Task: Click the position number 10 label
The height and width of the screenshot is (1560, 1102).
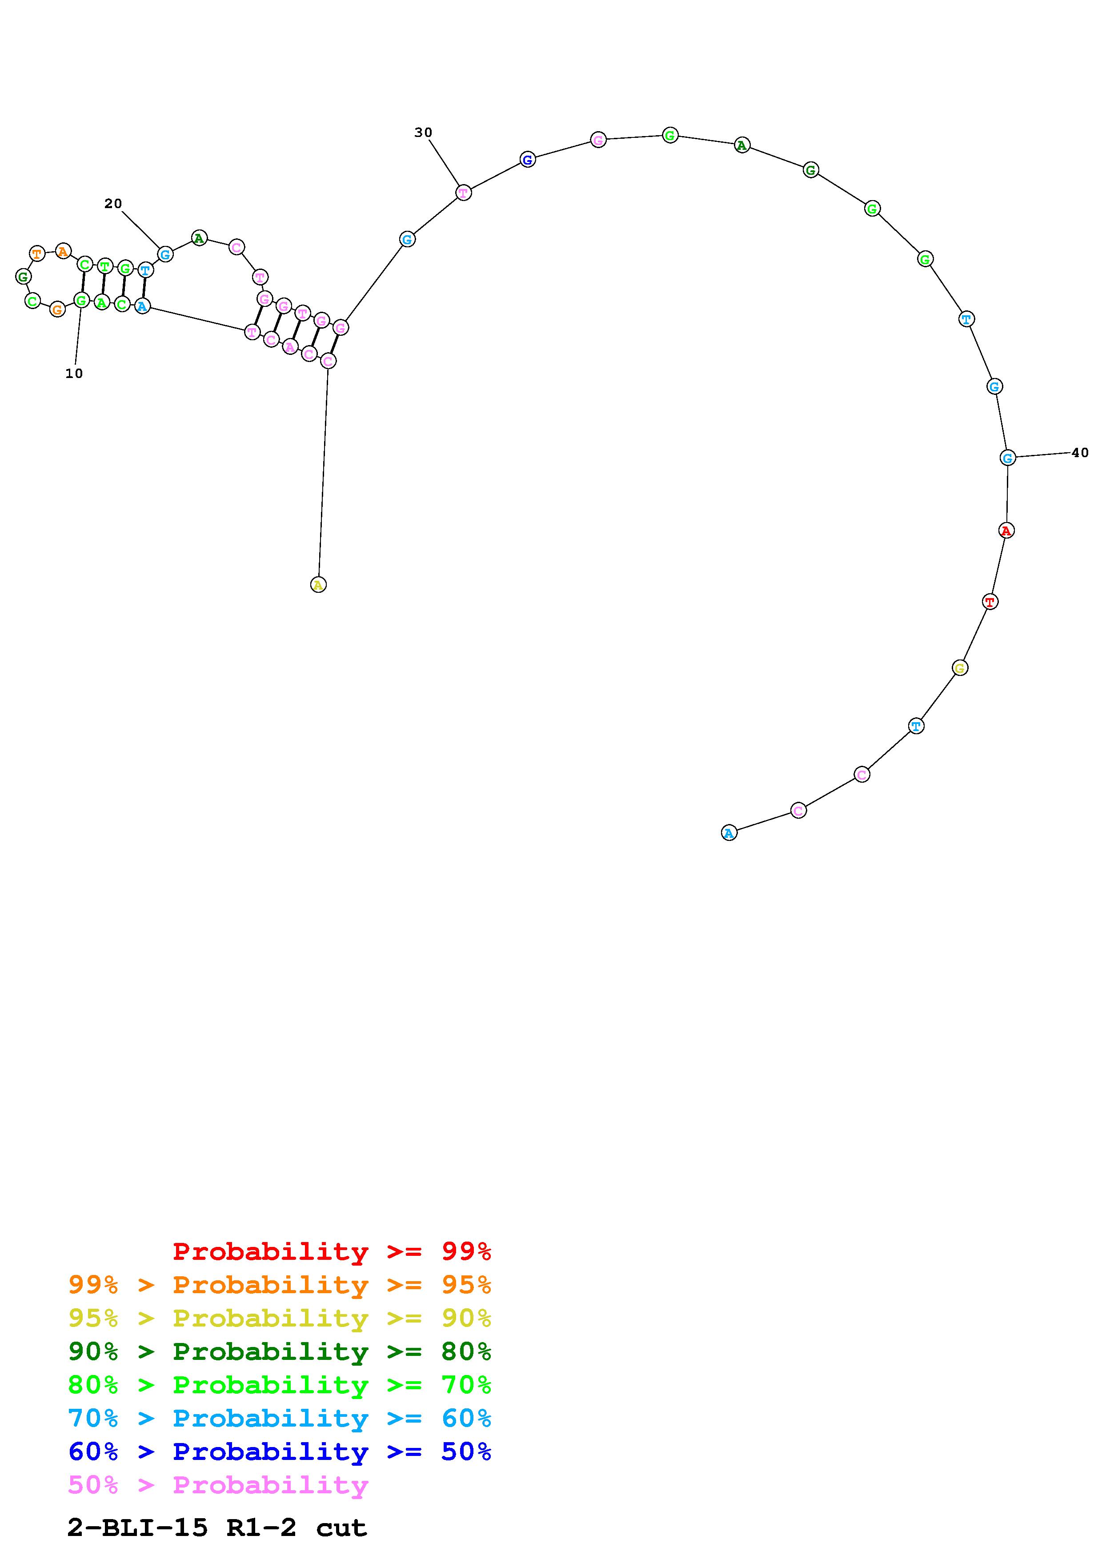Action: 74,373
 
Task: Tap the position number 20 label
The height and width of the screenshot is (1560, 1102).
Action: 113,203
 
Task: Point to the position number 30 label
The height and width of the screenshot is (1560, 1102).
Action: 423,133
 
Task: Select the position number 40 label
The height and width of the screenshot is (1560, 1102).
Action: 1080,453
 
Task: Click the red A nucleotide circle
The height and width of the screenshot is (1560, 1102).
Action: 1006,530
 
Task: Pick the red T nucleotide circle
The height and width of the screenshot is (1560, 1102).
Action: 990,601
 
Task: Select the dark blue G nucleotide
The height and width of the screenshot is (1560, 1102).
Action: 528,160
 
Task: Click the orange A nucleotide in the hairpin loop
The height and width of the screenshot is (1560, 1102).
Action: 63,251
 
